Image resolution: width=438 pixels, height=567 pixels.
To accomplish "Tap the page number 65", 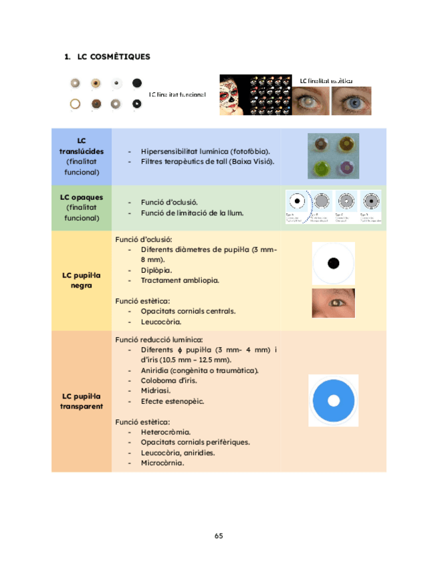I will coord(219,536).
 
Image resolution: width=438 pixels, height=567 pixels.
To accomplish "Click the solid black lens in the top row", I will coord(137,83).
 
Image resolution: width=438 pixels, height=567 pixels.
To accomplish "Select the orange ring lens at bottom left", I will coord(76,104).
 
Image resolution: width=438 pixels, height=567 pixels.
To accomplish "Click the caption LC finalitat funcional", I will coord(177,94).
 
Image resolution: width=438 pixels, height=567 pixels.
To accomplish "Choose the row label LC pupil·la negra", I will coord(82,280).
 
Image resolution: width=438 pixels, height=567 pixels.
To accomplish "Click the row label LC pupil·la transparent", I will coord(82,401).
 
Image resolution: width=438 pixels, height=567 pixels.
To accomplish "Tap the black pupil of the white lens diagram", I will coord(334,263).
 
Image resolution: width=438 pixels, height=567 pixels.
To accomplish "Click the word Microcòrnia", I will coord(162,463).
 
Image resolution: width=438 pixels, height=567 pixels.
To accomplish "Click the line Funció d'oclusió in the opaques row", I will coord(169,202).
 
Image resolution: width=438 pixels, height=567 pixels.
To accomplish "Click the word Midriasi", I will coord(155,391).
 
